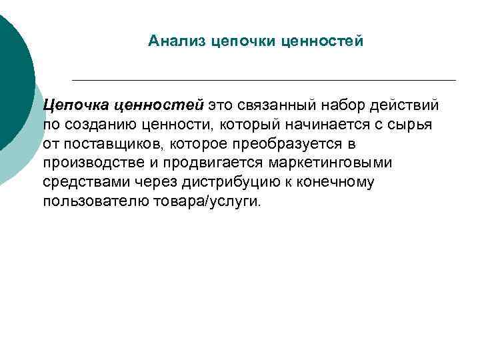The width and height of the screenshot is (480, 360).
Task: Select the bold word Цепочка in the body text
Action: tap(74, 106)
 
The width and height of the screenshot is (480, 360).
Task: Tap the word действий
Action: tap(410, 106)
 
